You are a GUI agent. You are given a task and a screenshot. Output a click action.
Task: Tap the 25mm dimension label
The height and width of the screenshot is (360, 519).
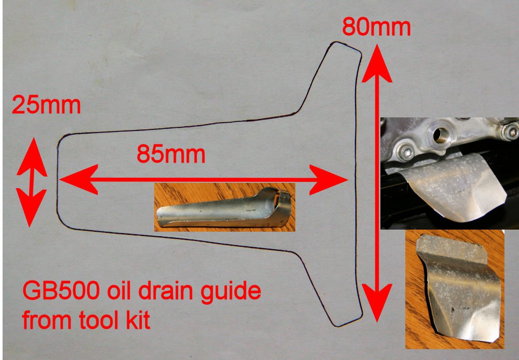click(x=46, y=105)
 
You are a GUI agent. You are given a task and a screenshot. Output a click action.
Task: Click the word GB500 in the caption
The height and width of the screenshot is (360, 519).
click(x=61, y=291)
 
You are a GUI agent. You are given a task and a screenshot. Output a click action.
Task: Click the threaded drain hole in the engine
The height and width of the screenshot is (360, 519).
click(x=440, y=135)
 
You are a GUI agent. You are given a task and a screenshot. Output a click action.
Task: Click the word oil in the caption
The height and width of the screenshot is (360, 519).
click(x=118, y=291)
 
